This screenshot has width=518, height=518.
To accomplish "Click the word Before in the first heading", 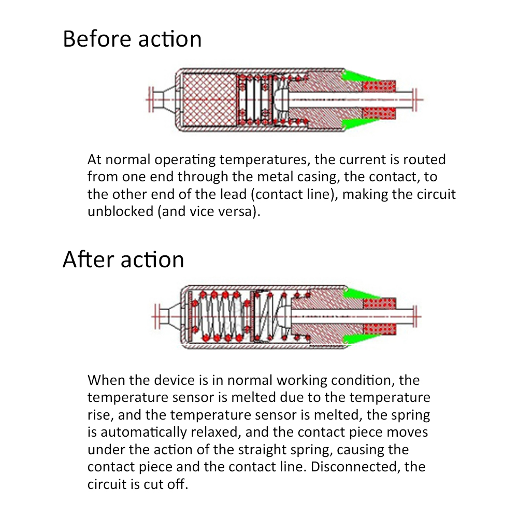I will pos(94,39).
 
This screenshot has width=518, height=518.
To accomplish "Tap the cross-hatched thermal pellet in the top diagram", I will pos(207,99).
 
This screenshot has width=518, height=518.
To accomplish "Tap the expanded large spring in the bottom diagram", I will pos(220,316).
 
